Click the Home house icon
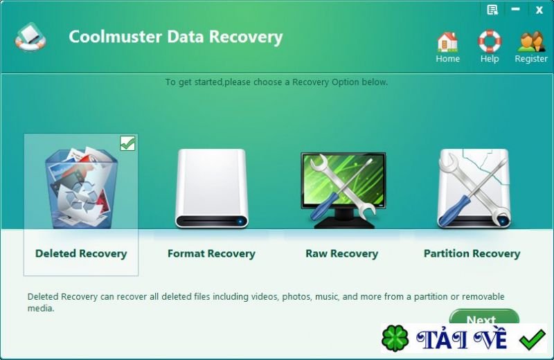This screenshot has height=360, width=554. [447, 42]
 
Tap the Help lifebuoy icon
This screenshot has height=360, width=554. [490, 41]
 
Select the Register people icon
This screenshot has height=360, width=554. [530, 42]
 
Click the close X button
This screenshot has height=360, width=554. [539, 10]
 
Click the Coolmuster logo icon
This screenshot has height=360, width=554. [30, 37]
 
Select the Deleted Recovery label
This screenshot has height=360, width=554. [81, 253]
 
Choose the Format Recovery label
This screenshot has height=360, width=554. [211, 253]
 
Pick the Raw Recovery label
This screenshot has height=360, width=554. [341, 253]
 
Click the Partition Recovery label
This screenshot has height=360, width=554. [472, 253]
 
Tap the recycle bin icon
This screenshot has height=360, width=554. [81, 187]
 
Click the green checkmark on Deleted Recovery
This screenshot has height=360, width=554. [127, 143]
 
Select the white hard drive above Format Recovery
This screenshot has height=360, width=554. [212, 188]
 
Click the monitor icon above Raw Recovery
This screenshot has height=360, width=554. [342, 190]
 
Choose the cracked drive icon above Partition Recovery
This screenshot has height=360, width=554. [474, 188]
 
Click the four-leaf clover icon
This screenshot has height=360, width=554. [395, 338]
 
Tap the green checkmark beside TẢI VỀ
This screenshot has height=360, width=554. [533, 339]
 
